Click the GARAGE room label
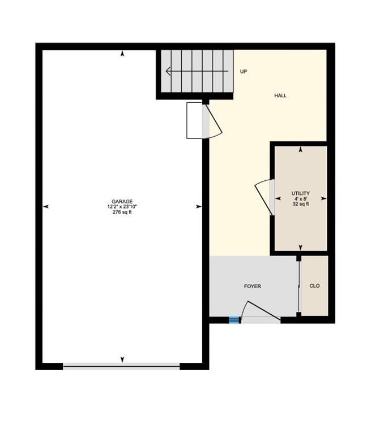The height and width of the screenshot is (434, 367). click(122, 202)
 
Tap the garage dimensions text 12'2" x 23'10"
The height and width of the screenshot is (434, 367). click(122, 207)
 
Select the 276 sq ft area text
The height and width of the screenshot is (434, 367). click(122, 212)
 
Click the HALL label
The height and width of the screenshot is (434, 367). click(280, 96)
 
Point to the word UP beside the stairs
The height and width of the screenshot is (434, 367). click(244, 71)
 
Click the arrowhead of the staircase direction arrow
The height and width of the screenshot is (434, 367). click(168, 71)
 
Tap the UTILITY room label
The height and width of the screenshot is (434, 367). click(300, 193)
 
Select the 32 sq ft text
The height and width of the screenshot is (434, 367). click(300, 204)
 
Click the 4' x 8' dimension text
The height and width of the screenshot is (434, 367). click(300, 199)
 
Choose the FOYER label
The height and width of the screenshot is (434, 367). click(253, 286)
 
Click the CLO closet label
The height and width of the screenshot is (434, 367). click(314, 285)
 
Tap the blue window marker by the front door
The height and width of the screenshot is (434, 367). click(234, 320)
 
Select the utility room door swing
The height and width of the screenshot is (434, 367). click(263, 197)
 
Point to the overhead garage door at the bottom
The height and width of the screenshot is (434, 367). click(122, 366)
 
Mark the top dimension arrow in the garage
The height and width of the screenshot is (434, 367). click(122, 54)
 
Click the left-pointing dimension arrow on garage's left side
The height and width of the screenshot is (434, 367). click(46, 206)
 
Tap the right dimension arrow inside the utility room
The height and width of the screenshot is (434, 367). click(323, 198)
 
